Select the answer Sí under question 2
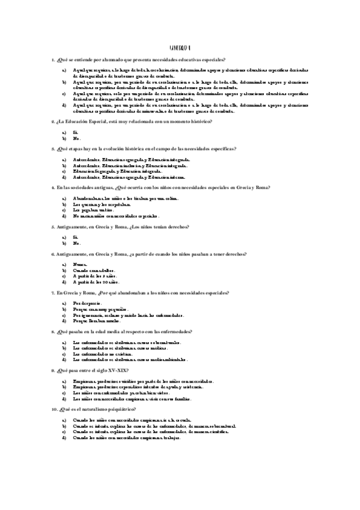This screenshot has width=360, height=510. click(76, 132)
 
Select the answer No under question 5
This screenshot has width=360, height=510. click(76, 244)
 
